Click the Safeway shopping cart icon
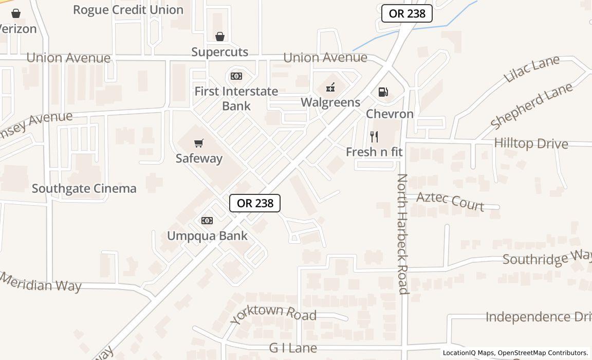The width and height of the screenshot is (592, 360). click(x=199, y=143)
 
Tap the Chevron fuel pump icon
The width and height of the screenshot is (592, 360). click(x=383, y=92)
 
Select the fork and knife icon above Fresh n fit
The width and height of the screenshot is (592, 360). click(x=374, y=137)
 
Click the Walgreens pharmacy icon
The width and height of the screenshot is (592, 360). click(x=331, y=87)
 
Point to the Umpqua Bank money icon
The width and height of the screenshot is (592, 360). click(x=207, y=221)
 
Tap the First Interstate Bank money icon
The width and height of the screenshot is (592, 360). click(x=236, y=76)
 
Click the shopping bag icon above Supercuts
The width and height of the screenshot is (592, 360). click(x=220, y=37)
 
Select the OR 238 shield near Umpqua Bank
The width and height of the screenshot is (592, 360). click(x=255, y=203)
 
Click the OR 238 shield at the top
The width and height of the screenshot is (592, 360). click(x=407, y=13)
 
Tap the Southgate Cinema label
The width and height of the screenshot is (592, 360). click(x=84, y=188)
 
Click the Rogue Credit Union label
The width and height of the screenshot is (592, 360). click(x=128, y=10)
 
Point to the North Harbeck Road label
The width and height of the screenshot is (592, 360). click(x=403, y=234)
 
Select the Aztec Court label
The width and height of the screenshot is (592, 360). click(x=450, y=201)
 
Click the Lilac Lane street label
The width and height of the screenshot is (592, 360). click(x=531, y=69)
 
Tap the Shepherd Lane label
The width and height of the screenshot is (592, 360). click(x=531, y=106)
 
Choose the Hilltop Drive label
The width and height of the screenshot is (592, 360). click(x=531, y=143)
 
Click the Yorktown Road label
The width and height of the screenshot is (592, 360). click(x=273, y=313)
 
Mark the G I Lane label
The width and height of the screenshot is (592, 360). click(x=293, y=348)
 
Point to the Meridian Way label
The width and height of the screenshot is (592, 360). click(x=41, y=282)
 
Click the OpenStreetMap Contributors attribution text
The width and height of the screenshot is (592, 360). click(x=543, y=353)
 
